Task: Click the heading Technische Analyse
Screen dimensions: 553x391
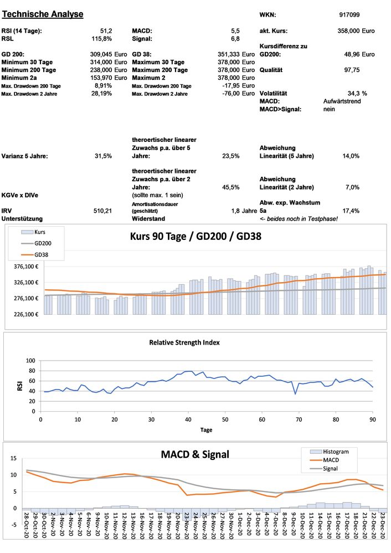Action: pyautogui.click(x=43, y=14)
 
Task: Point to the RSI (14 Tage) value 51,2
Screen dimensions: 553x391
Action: pyautogui.click(x=106, y=31)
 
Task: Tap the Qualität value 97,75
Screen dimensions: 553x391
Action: pyautogui.click(x=352, y=70)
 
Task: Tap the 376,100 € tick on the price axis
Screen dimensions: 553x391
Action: pyautogui.click(x=25, y=267)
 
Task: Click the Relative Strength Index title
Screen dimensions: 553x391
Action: pyautogui.click(x=184, y=342)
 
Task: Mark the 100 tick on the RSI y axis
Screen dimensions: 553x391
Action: pyautogui.click(x=30, y=361)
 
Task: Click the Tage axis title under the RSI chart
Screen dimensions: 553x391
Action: pyautogui.click(x=205, y=429)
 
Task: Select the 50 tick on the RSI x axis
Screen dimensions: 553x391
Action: pyautogui.click(x=224, y=419)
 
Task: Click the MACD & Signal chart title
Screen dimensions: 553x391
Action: pyautogui.click(x=195, y=454)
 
